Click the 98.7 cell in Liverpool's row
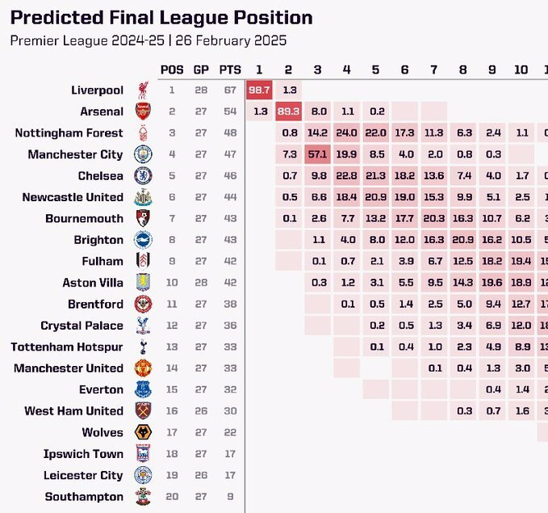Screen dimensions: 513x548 [260, 90]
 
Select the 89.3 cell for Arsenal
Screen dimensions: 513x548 [289, 111]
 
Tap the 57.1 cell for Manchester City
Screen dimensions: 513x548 [318, 154]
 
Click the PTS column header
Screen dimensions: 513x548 [230, 69]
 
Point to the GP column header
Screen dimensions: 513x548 [201, 69]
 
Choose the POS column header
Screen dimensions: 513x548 [172, 69]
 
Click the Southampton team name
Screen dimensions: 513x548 [84, 497]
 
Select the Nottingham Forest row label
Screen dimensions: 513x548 [69, 132]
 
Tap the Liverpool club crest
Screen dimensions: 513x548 [143, 90]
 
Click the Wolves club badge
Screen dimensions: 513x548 [143, 433]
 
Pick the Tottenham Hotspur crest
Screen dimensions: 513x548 [143, 347]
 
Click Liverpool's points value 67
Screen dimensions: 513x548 [230, 90]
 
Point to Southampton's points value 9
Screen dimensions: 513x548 [230, 497]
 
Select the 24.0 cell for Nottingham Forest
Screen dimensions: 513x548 [347, 132]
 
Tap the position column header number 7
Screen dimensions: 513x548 [434, 69]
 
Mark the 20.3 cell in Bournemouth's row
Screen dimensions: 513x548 [434, 218]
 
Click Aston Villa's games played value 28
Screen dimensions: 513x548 [201, 283]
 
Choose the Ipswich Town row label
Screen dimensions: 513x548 [84, 454]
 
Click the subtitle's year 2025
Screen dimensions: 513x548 [271, 40]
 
